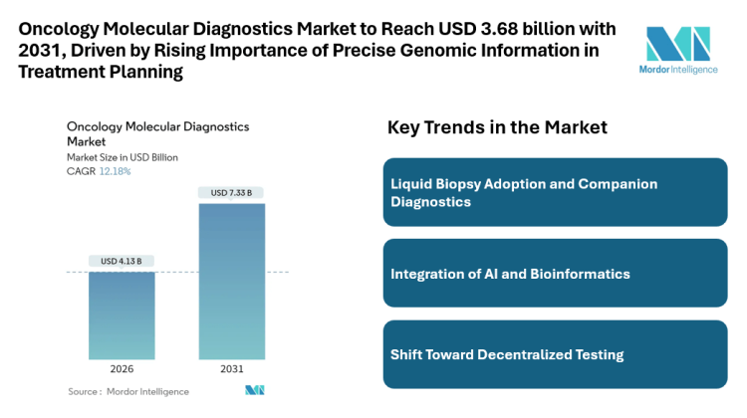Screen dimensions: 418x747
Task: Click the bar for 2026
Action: coord(122,314)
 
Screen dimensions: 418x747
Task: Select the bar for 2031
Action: coord(232,281)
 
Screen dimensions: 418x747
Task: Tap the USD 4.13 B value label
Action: coord(122,261)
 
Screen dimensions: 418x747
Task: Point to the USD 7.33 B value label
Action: coord(232,192)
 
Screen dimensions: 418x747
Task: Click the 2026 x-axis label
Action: coord(122,369)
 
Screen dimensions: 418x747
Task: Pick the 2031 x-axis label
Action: coord(232,369)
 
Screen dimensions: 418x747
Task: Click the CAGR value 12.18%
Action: coord(115,171)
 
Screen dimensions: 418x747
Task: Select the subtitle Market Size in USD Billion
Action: coord(123,157)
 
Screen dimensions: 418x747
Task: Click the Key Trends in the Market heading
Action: coord(497,128)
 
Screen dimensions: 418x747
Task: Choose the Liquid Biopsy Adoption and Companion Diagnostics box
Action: coord(555,192)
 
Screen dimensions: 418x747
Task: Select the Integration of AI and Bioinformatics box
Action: coord(555,274)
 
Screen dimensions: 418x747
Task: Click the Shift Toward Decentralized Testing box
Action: coord(555,354)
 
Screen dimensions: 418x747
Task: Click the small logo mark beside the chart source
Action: coord(255,391)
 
